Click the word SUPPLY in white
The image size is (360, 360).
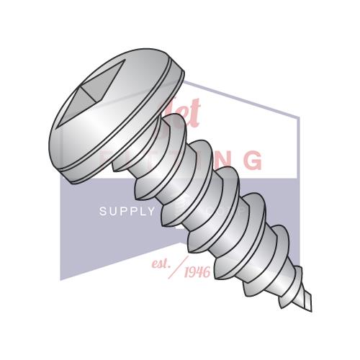tap(127, 211)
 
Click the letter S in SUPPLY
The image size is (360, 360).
tap(102, 211)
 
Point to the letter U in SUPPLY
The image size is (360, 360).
tap(112, 211)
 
